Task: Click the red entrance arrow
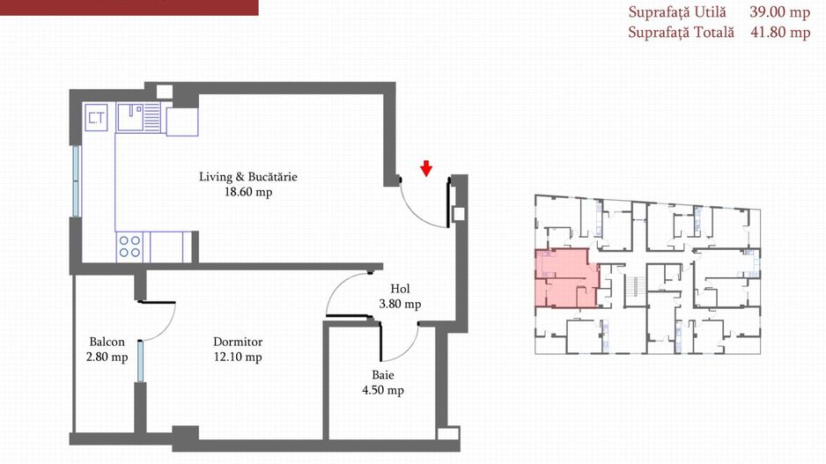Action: pos(426,168)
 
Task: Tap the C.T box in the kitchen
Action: pos(96,117)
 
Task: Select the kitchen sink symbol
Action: pos(138,117)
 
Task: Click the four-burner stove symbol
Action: pos(129,247)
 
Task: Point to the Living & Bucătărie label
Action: pos(248,176)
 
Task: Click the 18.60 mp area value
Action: pos(248,192)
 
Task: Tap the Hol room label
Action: pos(400,289)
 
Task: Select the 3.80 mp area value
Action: pos(400,304)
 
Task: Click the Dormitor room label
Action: pos(238,342)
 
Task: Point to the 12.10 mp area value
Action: pos(238,357)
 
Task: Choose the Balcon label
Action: pos(107,342)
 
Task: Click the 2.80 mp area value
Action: pos(107,357)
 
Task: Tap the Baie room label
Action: pos(383,375)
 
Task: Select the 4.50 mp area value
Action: pos(383,390)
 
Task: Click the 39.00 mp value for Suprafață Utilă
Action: pos(779,12)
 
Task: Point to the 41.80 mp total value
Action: pos(780,32)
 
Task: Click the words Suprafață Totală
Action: pos(681,32)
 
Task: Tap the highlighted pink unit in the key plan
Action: pos(567,278)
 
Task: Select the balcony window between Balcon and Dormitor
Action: pos(140,361)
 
